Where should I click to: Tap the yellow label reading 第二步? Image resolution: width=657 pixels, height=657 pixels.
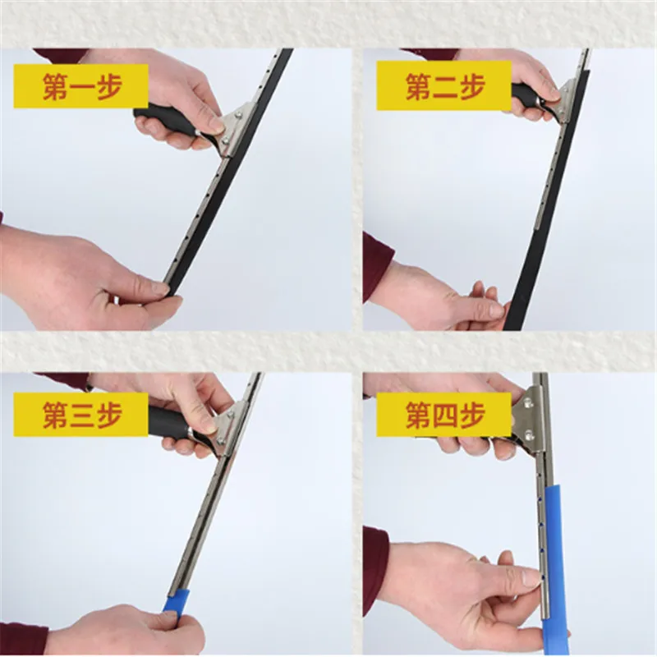(444, 87)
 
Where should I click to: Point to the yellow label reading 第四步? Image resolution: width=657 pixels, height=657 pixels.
(444, 416)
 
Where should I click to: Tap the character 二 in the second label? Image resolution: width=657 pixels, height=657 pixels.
(444, 87)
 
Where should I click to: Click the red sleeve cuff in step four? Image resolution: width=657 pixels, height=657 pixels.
(376, 567)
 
